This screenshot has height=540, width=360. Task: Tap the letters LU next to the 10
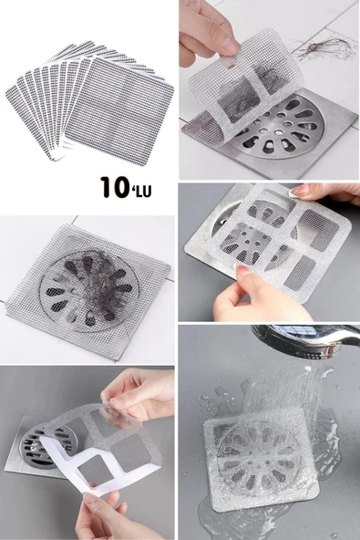(150, 190)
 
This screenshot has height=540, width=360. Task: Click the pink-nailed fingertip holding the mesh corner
(302, 191)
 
